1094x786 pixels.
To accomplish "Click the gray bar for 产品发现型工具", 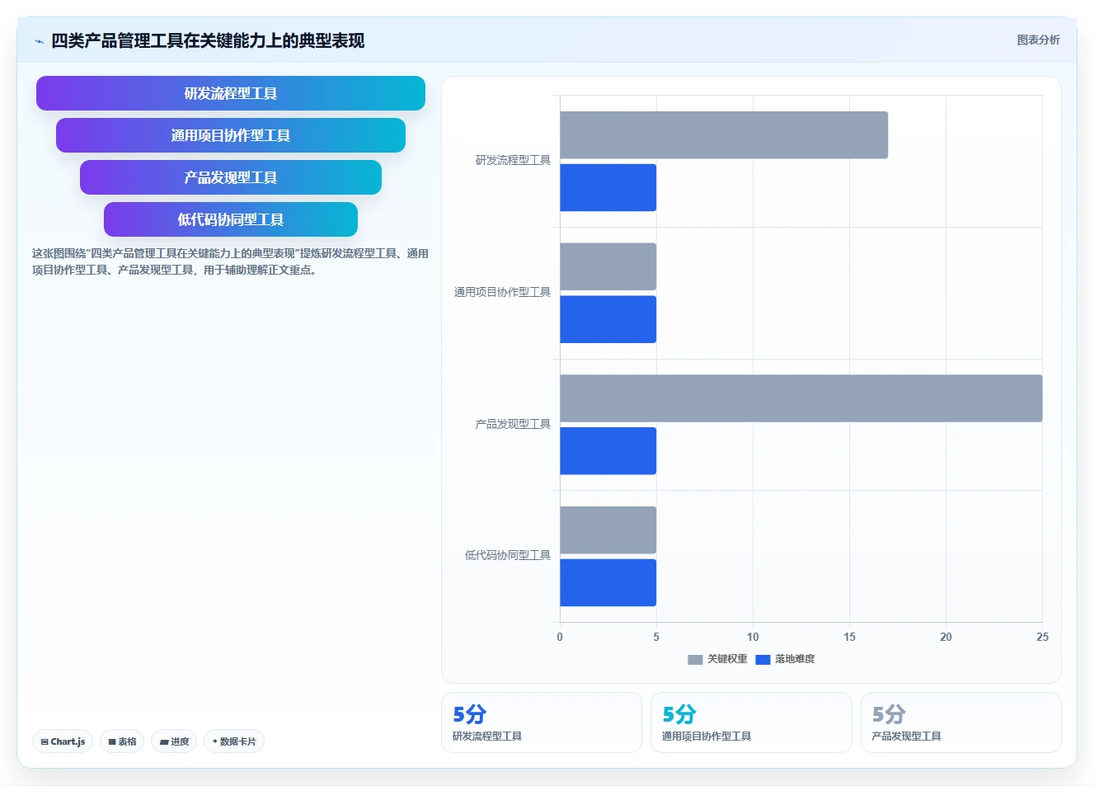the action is coord(801,398).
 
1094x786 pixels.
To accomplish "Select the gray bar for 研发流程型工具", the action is coord(724,134).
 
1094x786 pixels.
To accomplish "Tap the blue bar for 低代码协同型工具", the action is coord(608,583).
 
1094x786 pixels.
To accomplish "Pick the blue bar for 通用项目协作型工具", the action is coord(608,319).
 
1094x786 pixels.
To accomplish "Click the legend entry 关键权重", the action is coord(717,659).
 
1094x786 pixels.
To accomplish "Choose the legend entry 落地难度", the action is coord(785,659).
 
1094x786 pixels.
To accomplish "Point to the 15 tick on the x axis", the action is coord(849,637).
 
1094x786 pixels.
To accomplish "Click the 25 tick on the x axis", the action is coord(1042,637).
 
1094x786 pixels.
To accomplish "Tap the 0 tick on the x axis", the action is coord(560,637).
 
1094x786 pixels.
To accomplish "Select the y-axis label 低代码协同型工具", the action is coord(508,555).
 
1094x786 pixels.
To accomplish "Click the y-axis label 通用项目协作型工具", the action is coord(502,292).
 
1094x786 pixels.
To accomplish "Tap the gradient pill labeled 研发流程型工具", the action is coord(231,93).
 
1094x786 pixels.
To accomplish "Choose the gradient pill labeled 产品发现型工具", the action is coord(231,177).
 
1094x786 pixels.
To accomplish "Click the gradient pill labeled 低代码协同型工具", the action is coord(231,219).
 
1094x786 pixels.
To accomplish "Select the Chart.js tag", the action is coord(63,741).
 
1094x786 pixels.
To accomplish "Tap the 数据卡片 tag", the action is coord(234,741).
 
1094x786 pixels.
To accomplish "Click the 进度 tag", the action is coord(174,741).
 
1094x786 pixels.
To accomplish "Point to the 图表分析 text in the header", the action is coord(1038,40).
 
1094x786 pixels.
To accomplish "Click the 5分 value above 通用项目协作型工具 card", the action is coord(679,714).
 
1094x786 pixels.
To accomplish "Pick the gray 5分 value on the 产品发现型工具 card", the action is coord(889,714).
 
